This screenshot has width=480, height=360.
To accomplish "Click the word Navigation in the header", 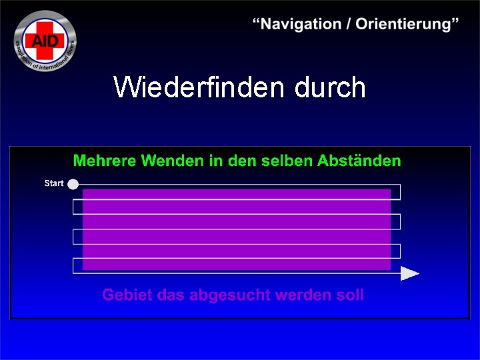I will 300,24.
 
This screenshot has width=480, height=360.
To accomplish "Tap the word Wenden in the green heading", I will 167,161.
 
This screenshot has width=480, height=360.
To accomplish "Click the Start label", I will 54,183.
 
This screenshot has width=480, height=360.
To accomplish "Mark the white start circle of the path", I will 73,184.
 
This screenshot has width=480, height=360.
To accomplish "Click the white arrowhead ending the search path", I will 409,273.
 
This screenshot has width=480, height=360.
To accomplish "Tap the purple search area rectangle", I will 236,229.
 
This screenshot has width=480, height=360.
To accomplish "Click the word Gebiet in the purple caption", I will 126,295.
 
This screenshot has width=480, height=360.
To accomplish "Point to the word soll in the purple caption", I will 351,295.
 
